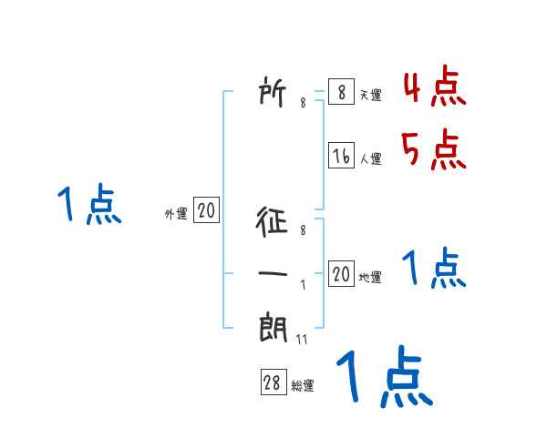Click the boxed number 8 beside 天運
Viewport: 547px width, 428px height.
341,93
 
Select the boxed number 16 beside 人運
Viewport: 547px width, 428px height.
341,156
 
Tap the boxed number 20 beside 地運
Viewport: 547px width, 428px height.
341,274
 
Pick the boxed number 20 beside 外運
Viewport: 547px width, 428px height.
206,211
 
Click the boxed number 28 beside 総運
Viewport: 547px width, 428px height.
273,383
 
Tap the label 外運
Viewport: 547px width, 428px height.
176,214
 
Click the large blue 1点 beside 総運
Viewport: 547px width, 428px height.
383,378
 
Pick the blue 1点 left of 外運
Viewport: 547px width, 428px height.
88,205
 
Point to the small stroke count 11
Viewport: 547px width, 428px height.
302,339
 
